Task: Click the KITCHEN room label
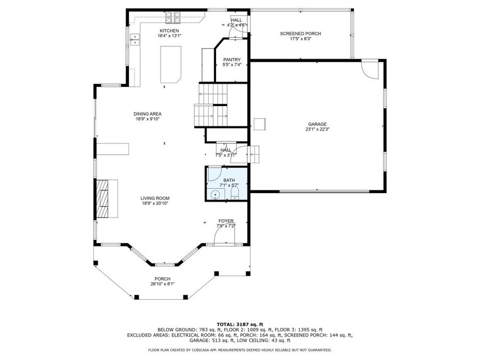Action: tap(165, 31)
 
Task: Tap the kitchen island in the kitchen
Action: tap(171, 64)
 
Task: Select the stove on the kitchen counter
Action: tap(172, 18)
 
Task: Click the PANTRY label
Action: tap(232, 60)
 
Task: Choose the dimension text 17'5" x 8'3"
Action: tap(300, 38)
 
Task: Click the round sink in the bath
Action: tap(215, 195)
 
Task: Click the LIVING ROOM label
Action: tap(155, 198)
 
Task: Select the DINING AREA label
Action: tap(147, 114)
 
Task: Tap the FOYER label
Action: tap(226, 221)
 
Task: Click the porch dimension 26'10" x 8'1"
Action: tap(163, 284)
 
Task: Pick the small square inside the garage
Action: tap(260, 124)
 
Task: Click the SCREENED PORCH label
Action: tap(300, 34)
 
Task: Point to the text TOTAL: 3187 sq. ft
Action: tap(239, 324)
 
